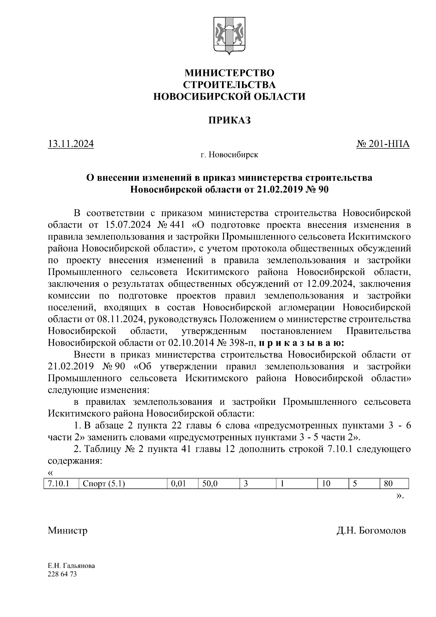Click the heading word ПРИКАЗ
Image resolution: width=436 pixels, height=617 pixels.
[x=229, y=120]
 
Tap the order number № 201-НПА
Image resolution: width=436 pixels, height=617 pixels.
[x=383, y=144]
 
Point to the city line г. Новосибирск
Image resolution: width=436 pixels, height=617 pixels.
[x=229, y=155]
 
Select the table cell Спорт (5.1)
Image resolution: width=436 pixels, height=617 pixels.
[x=104, y=484]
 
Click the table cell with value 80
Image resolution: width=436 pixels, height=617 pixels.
[x=388, y=484]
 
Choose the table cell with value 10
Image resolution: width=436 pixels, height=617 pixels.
[x=326, y=484]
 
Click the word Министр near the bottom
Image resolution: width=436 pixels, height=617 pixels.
[x=68, y=530]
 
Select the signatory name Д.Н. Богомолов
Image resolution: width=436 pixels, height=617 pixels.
[x=371, y=530]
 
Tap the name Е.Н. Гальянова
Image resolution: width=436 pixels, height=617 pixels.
[x=71, y=566]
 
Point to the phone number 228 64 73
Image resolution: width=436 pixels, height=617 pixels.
[x=62, y=574]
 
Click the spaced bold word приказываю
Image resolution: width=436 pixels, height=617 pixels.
[x=302, y=342]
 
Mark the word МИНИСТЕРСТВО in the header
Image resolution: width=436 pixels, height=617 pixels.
[x=229, y=73]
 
